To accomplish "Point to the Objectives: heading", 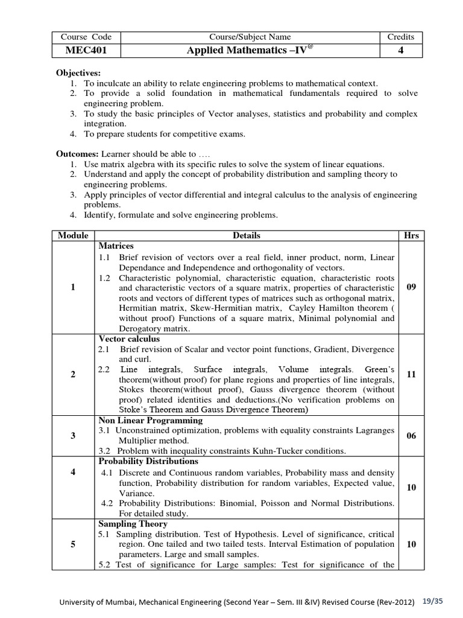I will tap(79, 72).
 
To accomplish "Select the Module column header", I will tap(73, 235).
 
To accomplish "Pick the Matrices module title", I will tap(116, 246).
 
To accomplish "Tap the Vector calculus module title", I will tap(125, 339).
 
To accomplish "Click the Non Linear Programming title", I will tap(150, 420).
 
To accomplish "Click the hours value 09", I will tap(412, 287).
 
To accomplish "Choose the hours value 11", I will tap(412, 374).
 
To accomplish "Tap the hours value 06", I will tap(412, 436).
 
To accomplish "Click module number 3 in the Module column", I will tap(73, 436).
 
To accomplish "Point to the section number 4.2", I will tap(108, 503).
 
